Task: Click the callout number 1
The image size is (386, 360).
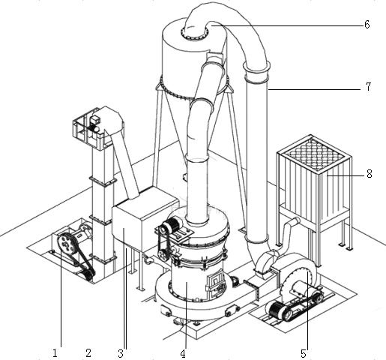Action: tap(55, 353)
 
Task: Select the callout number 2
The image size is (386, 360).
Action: tap(88, 352)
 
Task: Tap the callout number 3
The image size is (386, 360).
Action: tap(121, 353)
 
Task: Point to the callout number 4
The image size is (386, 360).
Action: tap(183, 353)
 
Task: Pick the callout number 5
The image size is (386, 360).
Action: tap(304, 353)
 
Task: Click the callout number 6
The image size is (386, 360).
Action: tap(367, 25)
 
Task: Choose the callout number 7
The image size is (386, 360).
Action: tap(369, 86)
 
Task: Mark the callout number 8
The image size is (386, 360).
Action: tap(370, 174)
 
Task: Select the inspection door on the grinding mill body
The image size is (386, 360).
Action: tap(215, 282)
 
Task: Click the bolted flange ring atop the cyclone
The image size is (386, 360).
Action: tap(194, 33)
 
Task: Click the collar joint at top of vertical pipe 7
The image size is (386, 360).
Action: tap(256, 68)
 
